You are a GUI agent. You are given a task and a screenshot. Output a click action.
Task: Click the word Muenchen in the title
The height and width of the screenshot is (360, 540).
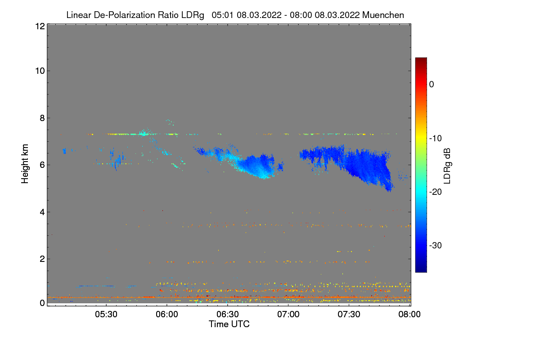tap(383, 15)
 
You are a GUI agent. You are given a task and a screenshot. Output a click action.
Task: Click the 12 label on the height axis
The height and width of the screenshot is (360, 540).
tap(39, 26)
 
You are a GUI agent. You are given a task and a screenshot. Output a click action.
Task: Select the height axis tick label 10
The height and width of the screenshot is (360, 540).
tap(39, 71)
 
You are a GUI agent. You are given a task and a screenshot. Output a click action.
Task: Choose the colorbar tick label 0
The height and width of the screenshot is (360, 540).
tap(432, 84)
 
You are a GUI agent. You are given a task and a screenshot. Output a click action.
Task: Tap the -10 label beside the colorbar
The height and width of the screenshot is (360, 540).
tap(435, 138)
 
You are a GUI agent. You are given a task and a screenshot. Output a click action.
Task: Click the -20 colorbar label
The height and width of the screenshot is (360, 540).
tap(435, 192)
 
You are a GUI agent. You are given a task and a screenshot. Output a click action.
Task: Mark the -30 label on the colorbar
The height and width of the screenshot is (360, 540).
tap(435, 246)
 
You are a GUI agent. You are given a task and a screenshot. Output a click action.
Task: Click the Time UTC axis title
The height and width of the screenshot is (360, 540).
tap(229, 324)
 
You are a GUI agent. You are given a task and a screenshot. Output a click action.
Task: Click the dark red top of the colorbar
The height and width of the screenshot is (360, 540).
tap(421, 60)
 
